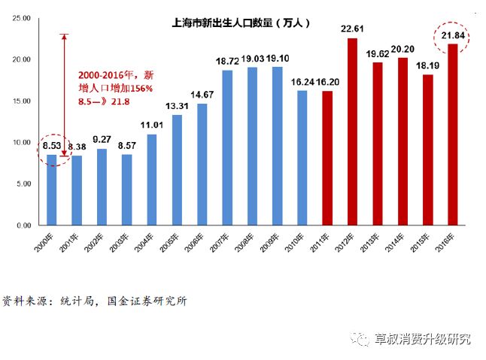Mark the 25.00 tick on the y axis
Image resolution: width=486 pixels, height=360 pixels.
[20, 17]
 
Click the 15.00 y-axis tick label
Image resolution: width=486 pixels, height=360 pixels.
[20, 101]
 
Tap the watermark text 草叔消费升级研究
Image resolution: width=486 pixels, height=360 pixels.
[422, 339]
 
